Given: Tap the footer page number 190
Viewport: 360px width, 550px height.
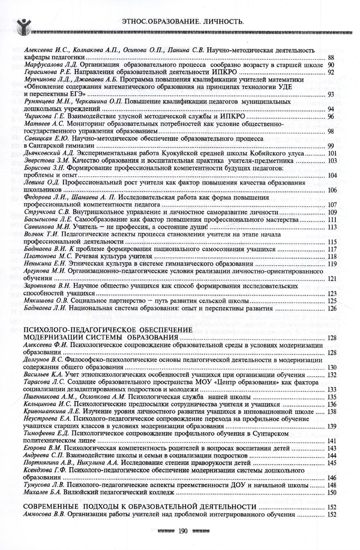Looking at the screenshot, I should click(183, 531).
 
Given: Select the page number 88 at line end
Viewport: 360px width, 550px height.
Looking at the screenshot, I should click(331, 57).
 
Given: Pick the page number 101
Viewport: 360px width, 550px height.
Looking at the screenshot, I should click(332, 153).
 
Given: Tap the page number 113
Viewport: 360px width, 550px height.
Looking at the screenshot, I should click(332, 227).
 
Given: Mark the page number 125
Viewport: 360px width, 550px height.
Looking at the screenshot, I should click(332, 301).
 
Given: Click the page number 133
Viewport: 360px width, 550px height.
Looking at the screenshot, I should click(332, 390).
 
